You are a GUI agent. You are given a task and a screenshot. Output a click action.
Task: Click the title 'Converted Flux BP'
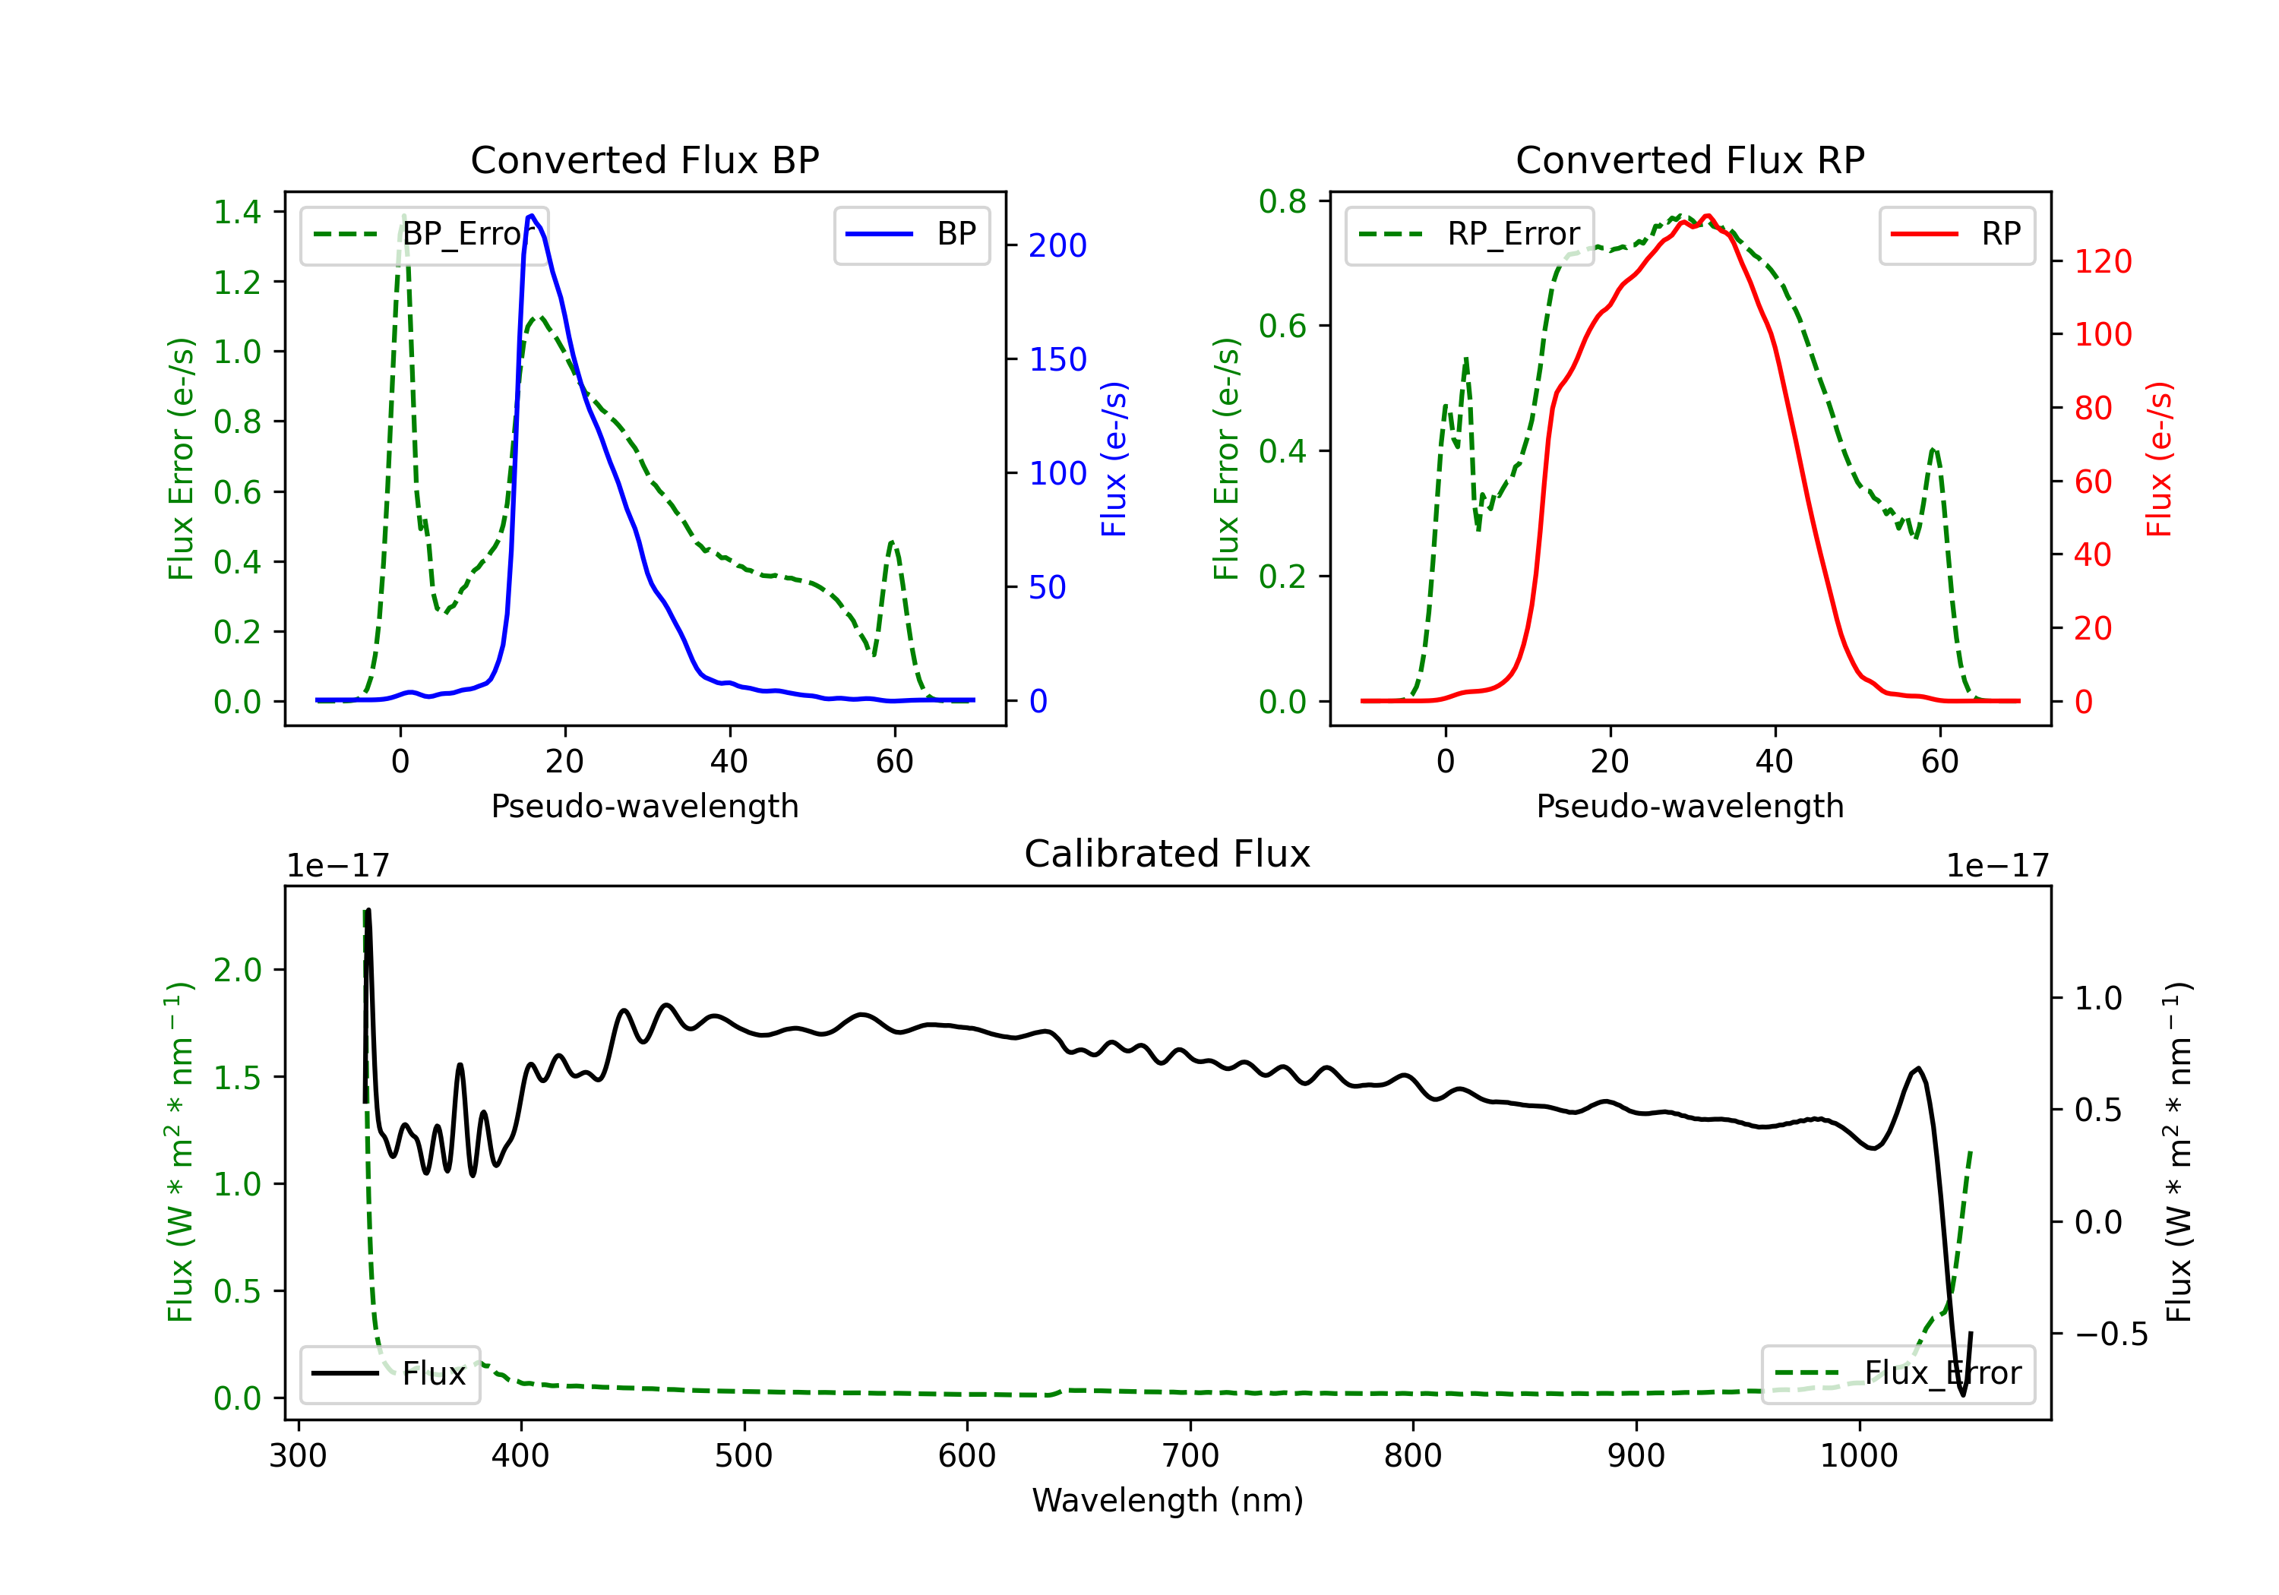click(x=644, y=159)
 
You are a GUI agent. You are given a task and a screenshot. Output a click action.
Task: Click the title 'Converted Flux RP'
click(x=1689, y=159)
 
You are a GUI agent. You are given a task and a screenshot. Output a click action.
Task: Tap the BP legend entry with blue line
click(x=911, y=234)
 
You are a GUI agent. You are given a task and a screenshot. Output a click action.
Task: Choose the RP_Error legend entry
click(x=1469, y=234)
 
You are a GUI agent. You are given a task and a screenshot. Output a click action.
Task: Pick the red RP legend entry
click(x=1956, y=234)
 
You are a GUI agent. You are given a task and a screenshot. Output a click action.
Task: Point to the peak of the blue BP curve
click(x=532, y=216)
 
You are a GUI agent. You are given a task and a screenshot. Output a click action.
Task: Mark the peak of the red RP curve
click(x=1707, y=216)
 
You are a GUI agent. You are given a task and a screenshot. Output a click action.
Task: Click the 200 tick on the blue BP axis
click(x=1057, y=245)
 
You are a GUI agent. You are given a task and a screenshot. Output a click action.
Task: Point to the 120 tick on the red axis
click(x=2102, y=261)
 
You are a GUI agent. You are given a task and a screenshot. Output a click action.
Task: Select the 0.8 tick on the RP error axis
click(x=1282, y=201)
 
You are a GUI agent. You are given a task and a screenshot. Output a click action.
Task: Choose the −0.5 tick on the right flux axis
click(x=2110, y=1334)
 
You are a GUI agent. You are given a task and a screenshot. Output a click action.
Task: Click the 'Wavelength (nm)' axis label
click(x=1168, y=1500)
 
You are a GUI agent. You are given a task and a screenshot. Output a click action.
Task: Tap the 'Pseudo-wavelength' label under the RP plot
click(x=1689, y=806)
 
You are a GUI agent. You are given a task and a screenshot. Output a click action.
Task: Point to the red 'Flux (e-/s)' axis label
click(x=2159, y=459)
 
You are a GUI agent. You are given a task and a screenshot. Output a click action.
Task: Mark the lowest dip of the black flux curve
click(x=1962, y=1394)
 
